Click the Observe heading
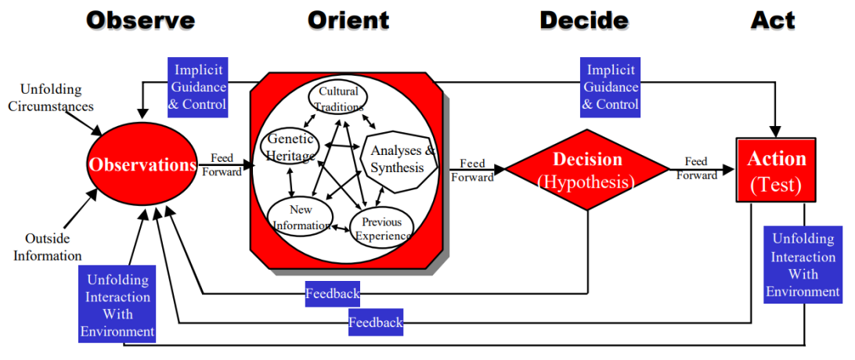[140, 20]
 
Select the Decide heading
[583, 20]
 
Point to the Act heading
[773, 20]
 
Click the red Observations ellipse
[142, 165]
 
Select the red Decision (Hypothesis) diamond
[587, 170]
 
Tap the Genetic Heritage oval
[290, 146]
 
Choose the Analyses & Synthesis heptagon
[400, 160]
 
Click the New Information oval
[300, 218]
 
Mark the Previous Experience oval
[381, 228]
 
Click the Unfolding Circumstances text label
[50, 98]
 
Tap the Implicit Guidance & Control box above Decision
[611, 87]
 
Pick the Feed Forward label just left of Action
[696, 168]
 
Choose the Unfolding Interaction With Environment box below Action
[803, 265]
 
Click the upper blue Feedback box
[333, 293]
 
